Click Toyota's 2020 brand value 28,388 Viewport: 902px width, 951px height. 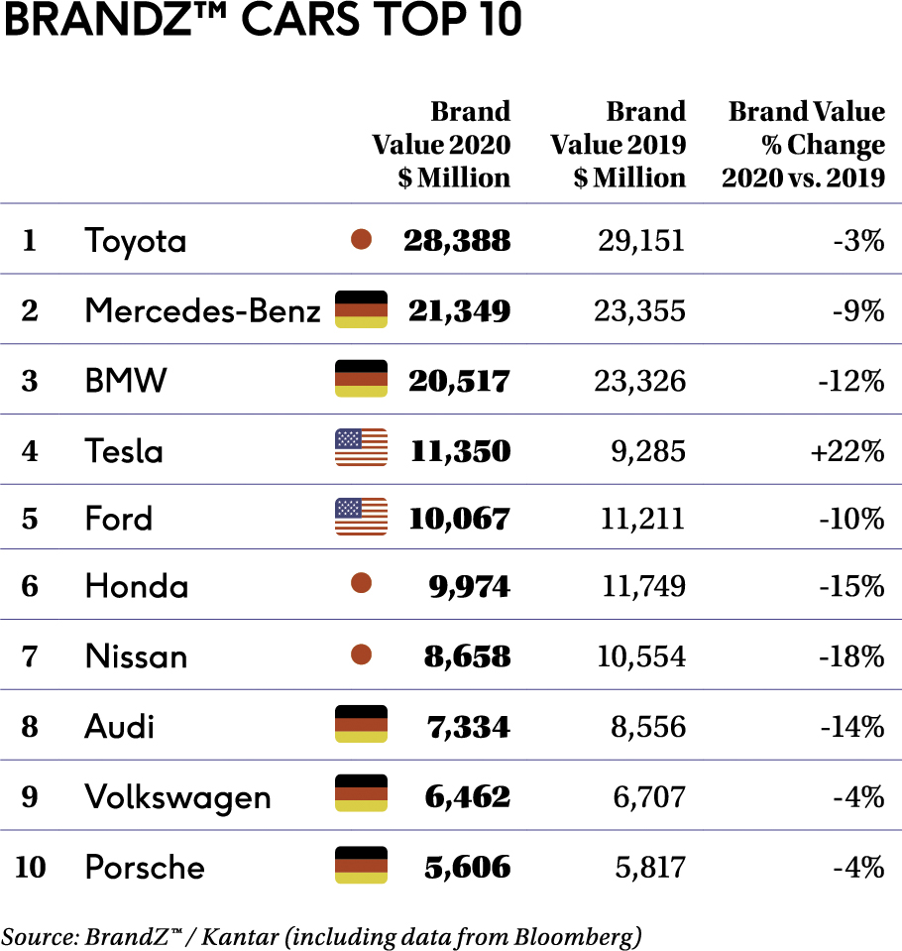click(457, 240)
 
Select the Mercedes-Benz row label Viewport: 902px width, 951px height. click(202, 310)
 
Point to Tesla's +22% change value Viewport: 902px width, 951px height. click(846, 451)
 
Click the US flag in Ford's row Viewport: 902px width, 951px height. click(361, 518)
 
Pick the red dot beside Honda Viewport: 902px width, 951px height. click(362, 584)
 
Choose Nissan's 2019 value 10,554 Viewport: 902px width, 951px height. click(643, 655)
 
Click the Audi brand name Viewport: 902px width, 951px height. click(120, 727)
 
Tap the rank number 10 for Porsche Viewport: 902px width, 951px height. click(31, 867)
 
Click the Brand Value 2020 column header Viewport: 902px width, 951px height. click(442, 144)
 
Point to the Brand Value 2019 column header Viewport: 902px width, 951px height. click(619, 144)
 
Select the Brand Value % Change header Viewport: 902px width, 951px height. click(804, 144)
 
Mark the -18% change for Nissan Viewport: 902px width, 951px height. click(851, 655)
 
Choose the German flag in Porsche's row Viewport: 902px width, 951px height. click(361, 865)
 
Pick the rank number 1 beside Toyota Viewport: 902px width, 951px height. click(30, 240)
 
